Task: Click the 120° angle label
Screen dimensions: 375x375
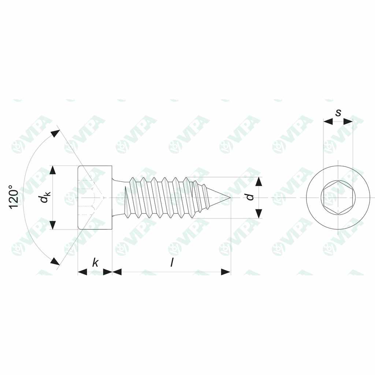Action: click(x=14, y=197)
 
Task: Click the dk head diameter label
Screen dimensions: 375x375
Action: click(x=44, y=198)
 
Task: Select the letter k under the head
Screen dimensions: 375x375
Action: click(x=95, y=262)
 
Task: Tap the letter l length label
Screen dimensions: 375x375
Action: click(x=171, y=262)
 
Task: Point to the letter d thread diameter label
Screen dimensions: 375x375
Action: click(x=250, y=197)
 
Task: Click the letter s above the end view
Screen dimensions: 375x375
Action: click(x=338, y=112)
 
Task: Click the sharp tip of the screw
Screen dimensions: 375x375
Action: click(x=229, y=198)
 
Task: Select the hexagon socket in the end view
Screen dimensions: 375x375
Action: click(x=338, y=198)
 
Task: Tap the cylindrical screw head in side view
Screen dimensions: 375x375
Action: click(x=95, y=198)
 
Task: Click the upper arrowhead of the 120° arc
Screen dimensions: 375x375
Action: click(x=55, y=133)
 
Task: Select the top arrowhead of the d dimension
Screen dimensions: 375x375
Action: click(x=259, y=182)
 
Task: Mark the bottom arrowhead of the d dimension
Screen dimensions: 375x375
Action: click(x=259, y=214)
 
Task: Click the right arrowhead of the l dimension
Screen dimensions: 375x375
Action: click(x=226, y=272)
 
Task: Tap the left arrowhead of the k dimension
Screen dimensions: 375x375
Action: click(x=82, y=272)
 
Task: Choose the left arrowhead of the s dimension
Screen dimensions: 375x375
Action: click(x=328, y=121)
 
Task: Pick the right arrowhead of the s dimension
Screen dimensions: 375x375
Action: click(x=348, y=121)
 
